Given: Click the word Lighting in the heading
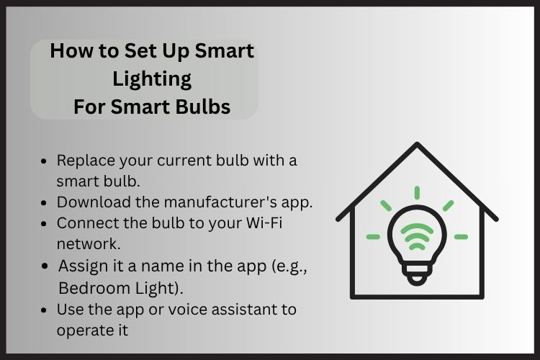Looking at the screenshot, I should point(151,78).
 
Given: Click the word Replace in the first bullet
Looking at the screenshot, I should point(85,161).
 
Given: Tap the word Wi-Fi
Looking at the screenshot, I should point(263,222).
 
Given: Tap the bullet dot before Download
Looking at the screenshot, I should point(46,202).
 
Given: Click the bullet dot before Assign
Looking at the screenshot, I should point(46,266).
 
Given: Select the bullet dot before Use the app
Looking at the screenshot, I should point(46,310).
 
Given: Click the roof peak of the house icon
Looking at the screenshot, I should point(417,145).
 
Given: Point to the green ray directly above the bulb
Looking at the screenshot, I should point(417,193).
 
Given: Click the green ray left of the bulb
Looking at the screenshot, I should point(373,236).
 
